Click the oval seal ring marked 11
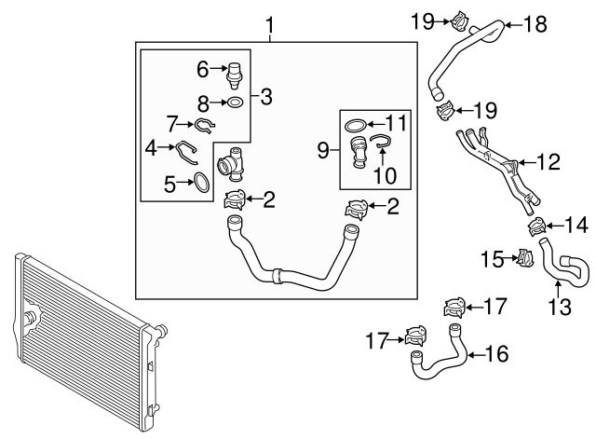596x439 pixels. click(355, 124)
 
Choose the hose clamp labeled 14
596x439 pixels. click(537, 226)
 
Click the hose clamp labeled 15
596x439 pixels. click(523, 257)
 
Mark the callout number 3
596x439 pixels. click(266, 96)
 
